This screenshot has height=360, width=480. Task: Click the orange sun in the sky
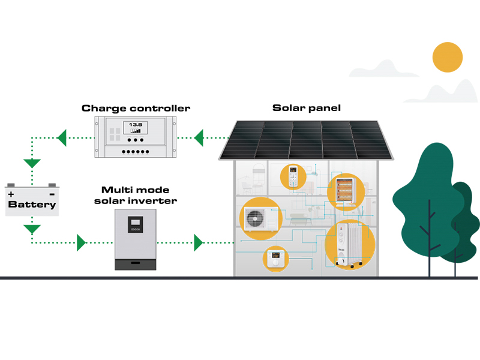click(x=448, y=57)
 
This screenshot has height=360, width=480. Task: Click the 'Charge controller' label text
click(x=136, y=109)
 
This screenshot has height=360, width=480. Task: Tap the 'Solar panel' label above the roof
click(x=307, y=108)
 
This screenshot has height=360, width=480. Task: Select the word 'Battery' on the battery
click(x=32, y=205)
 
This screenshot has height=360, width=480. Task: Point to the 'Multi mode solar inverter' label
click(x=136, y=195)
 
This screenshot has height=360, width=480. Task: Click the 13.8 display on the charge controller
click(x=135, y=127)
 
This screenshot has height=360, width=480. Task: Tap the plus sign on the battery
click(x=11, y=194)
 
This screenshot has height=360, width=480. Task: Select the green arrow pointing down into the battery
click(x=31, y=163)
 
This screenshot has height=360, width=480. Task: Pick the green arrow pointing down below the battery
click(x=31, y=229)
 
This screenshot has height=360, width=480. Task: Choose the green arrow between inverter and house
click(x=199, y=243)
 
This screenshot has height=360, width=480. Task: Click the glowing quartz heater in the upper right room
click(x=344, y=191)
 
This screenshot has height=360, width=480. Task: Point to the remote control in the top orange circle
click(x=293, y=176)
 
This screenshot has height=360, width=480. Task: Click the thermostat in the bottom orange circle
click(x=276, y=259)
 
